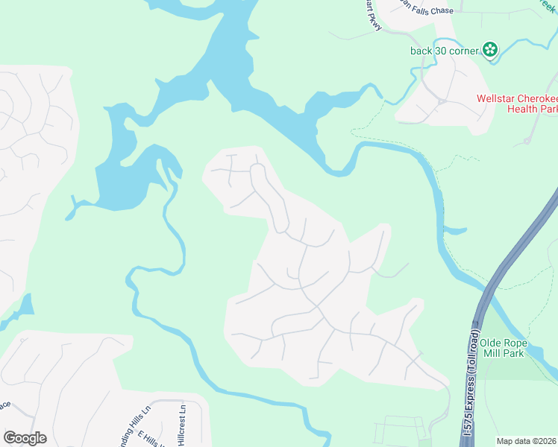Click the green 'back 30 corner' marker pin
click(x=490, y=50)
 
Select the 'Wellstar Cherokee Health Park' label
click(x=517, y=104)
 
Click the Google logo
click(x=25, y=438)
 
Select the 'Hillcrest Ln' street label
click(x=181, y=425)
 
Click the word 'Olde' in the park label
click(x=490, y=343)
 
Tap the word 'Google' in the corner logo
click(x=25, y=438)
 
